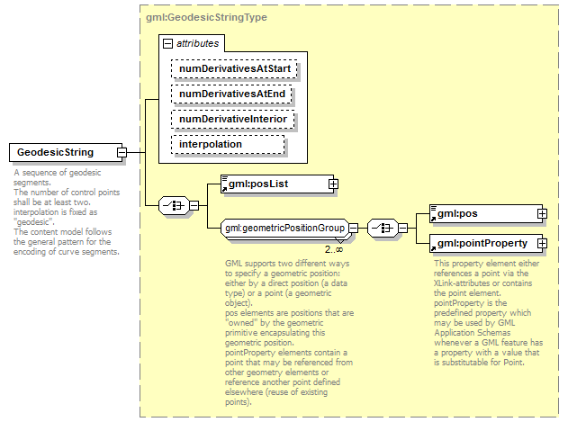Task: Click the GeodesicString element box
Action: (x=62, y=152)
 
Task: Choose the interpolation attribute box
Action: (x=229, y=144)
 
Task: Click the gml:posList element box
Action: (x=274, y=184)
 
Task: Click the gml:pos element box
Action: (x=486, y=213)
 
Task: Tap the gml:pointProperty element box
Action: (x=486, y=243)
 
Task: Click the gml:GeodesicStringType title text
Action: (x=200, y=18)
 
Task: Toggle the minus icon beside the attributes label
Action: (x=167, y=43)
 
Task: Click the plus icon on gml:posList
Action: (x=333, y=184)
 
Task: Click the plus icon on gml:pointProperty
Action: (x=542, y=243)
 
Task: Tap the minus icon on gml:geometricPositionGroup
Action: (x=354, y=229)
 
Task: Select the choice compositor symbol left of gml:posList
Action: (x=171, y=206)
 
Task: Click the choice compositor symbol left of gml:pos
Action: (x=382, y=229)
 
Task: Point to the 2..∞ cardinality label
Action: (x=334, y=249)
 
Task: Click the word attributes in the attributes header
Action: (x=196, y=43)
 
